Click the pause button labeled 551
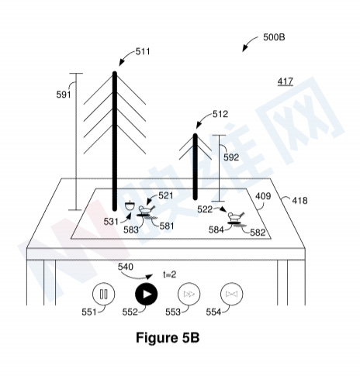point(103,294)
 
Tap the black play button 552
point(146,294)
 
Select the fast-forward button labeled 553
point(189,294)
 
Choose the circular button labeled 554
point(231,294)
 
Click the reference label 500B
point(274,37)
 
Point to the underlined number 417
point(286,81)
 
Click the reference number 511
point(143,52)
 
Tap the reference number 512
point(220,114)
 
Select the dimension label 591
point(64,95)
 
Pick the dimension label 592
point(231,157)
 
